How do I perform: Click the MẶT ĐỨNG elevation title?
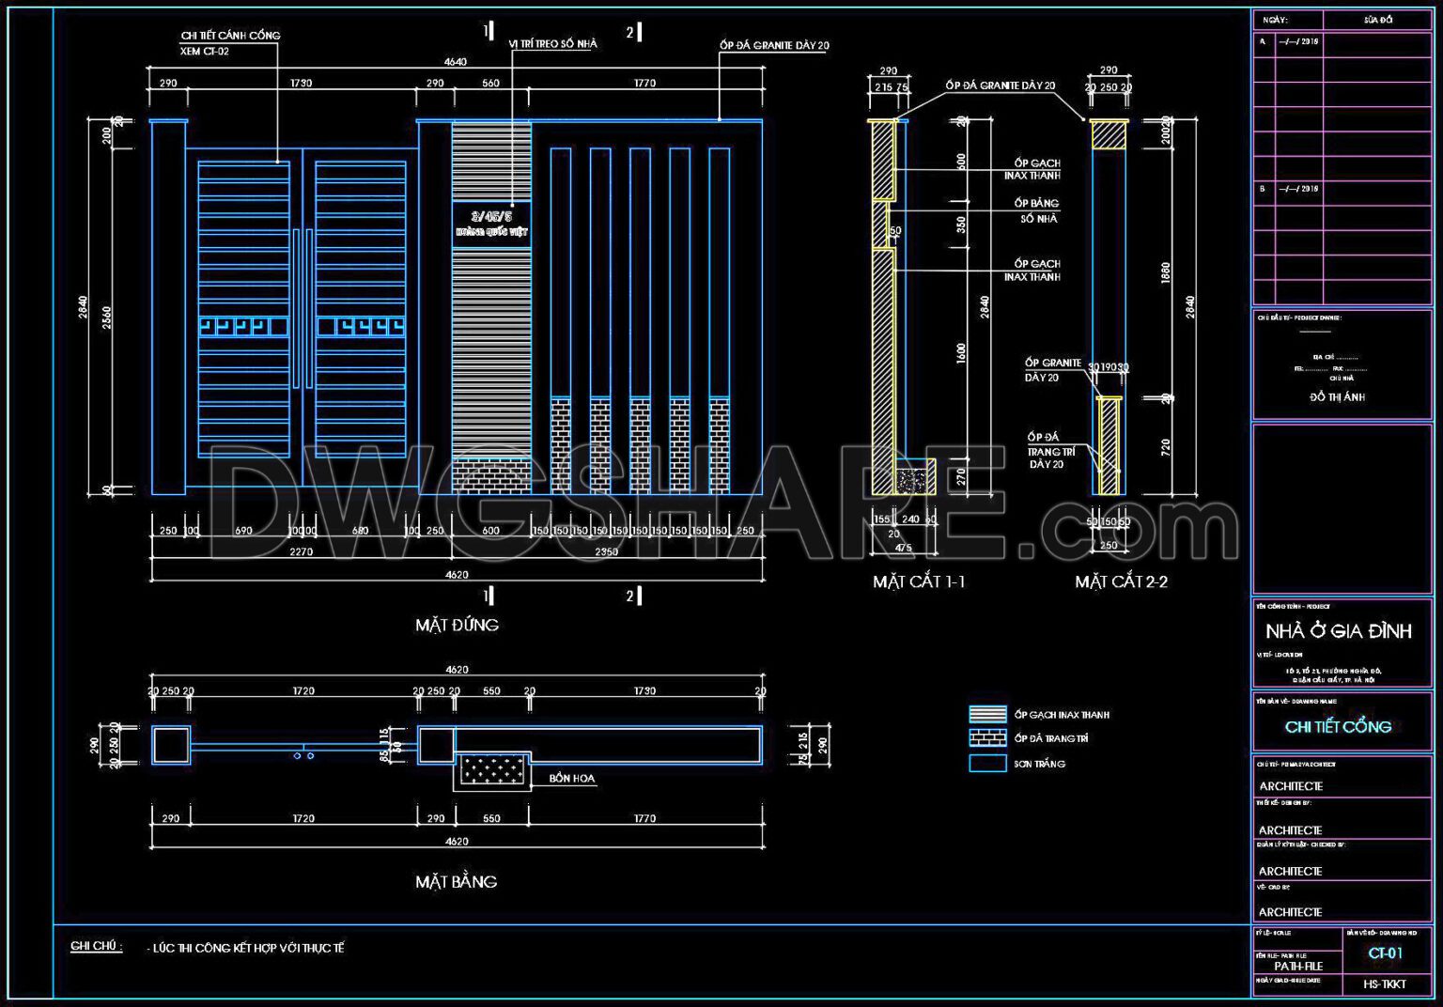tap(457, 625)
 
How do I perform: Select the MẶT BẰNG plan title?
tap(456, 881)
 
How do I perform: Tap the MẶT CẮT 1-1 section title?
tap(918, 581)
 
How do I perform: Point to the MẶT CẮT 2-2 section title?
tap(1121, 581)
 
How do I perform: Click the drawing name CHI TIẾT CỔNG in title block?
tap(1338, 726)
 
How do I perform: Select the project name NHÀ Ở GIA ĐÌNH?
tap(1338, 631)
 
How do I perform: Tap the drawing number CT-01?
tap(1385, 953)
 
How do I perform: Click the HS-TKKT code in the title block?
tap(1385, 984)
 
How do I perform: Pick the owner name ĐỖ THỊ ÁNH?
tap(1337, 397)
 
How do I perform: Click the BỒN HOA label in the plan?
tap(571, 778)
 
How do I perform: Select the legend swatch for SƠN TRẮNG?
tap(987, 764)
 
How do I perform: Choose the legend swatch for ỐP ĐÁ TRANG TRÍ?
tap(987, 738)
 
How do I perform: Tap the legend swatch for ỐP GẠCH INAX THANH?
tap(987, 714)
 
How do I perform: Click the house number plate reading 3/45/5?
tap(491, 217)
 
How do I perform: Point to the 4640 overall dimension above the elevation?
tap(455, 62)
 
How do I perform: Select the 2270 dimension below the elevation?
tap(301, 551)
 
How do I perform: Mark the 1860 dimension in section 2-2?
tap(1166, 273)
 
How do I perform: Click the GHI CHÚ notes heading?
tap(96, 946)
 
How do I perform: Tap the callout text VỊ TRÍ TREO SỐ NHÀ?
tap(552, 44)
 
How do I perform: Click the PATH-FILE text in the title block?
tap(1297, 966)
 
